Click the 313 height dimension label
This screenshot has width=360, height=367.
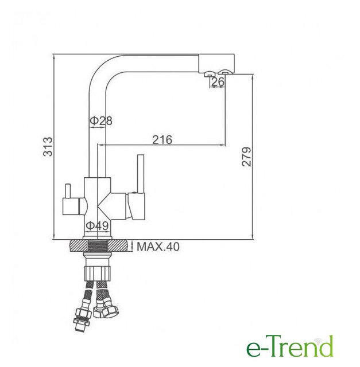coord(48,147)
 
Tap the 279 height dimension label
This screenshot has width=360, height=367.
coord(246,157)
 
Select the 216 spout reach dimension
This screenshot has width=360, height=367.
coord(162,139)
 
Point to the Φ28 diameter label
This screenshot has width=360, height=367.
coord(101,120)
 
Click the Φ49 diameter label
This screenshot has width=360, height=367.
coord(97,225)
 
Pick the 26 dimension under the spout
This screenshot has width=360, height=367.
coord(218,81)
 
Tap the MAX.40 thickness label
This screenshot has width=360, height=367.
coord(158,247)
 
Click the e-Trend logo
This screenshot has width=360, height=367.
coord(289,349)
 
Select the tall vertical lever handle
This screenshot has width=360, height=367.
coord(141,173)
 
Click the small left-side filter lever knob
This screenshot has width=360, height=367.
coord(68,191)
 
